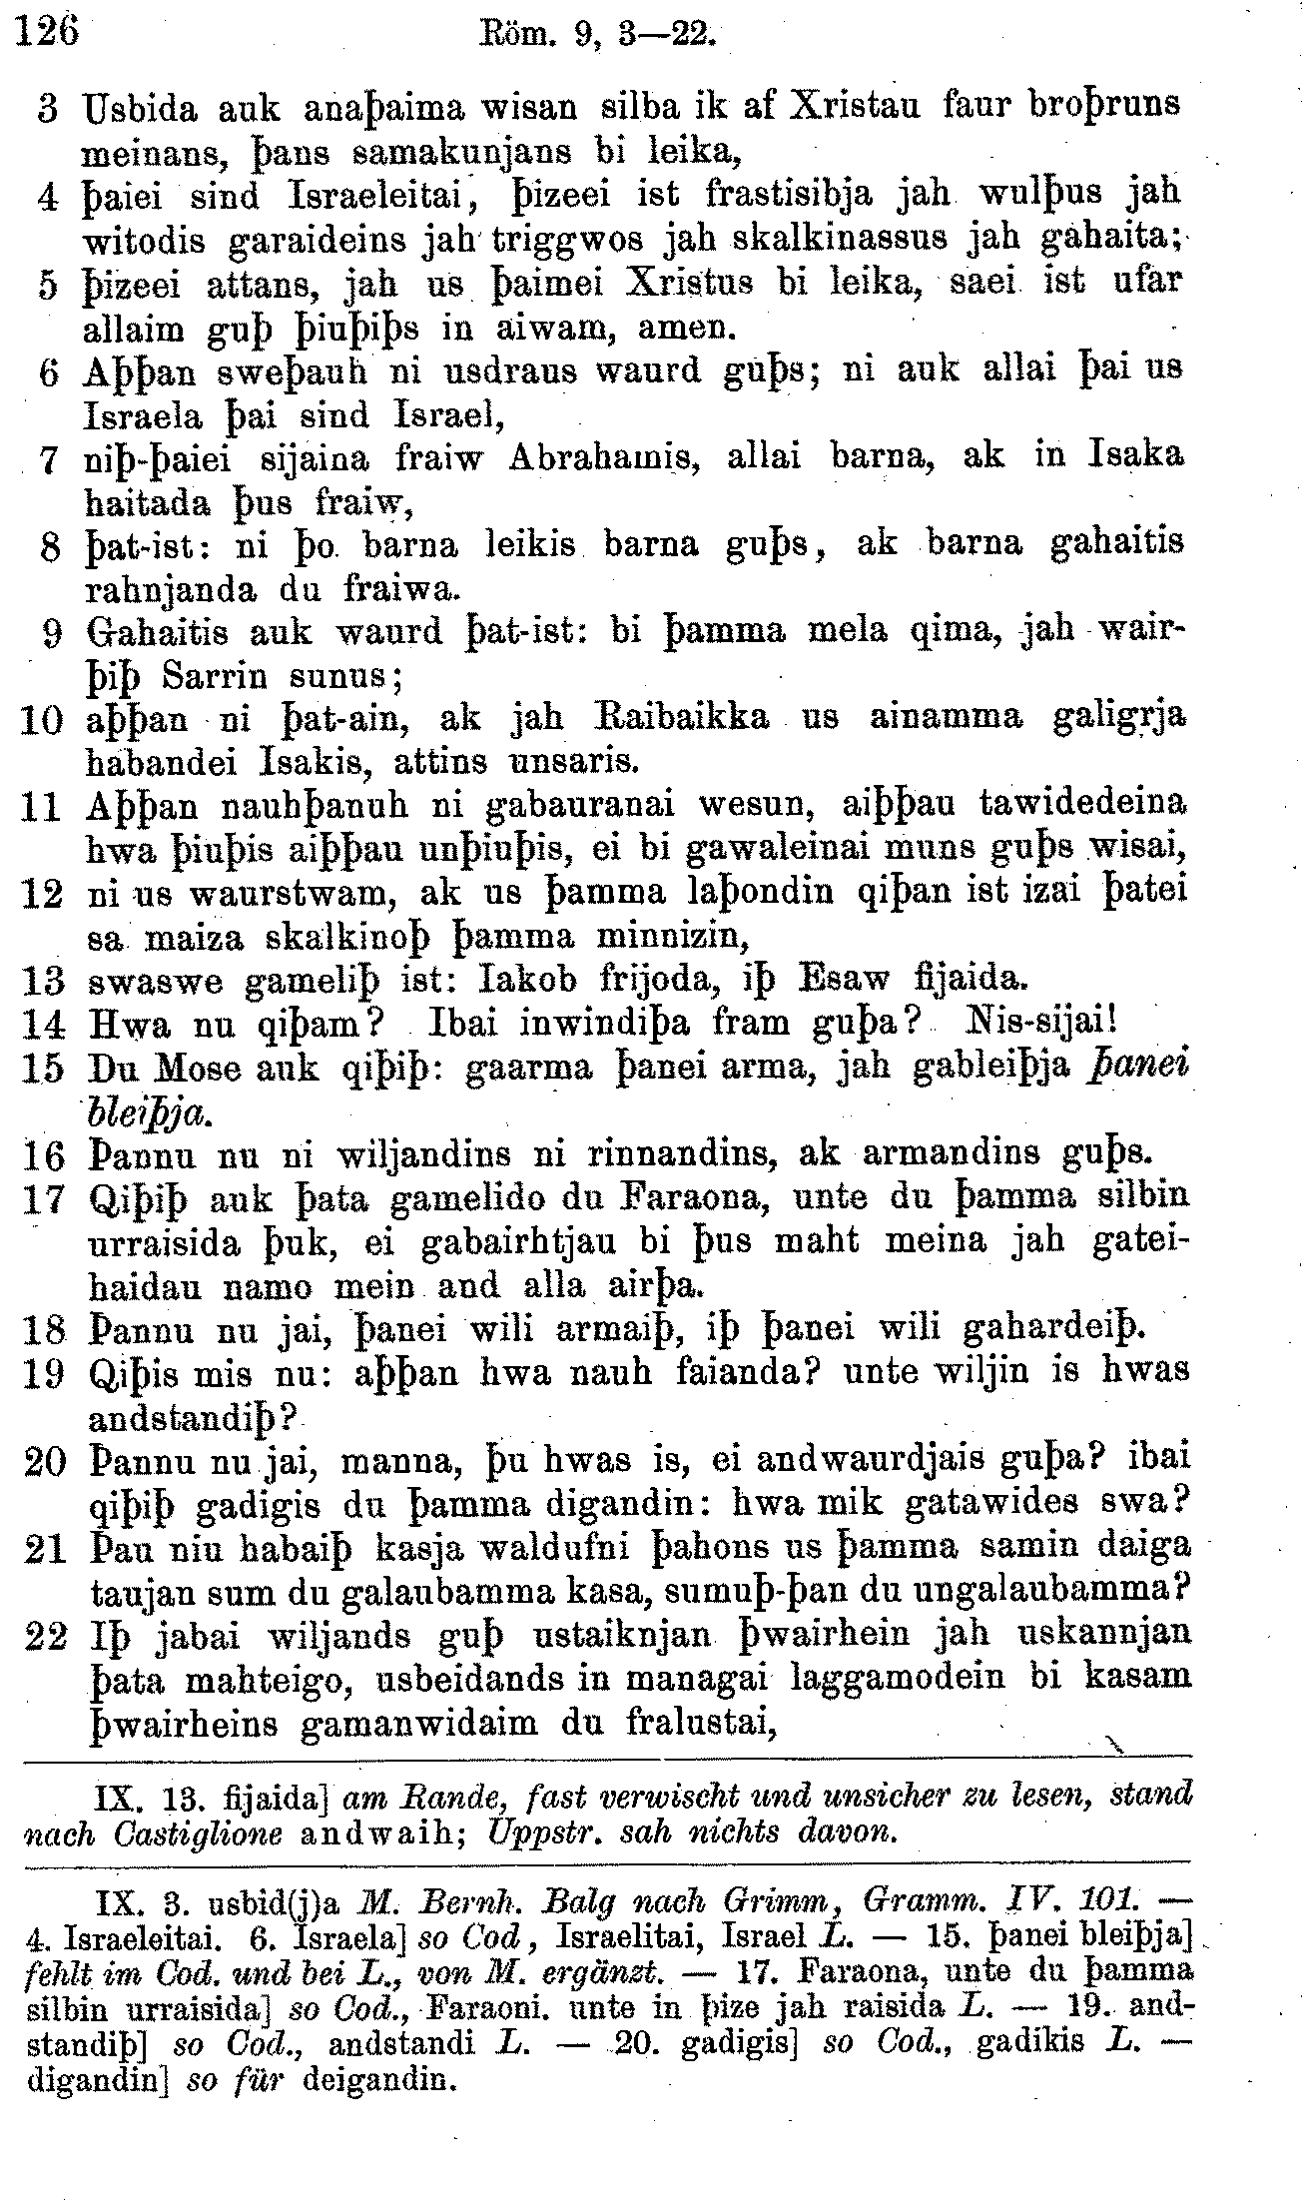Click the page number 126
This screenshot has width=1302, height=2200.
49,33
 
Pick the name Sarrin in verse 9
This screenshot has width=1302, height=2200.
216,676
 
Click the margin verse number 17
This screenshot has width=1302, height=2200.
42,1198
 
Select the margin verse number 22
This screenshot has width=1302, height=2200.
43,1637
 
